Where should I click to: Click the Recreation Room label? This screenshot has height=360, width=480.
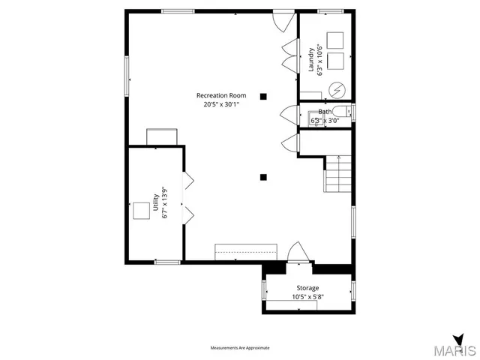[x=221, y=95]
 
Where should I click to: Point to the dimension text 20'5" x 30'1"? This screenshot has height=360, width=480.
[x=221, y=105]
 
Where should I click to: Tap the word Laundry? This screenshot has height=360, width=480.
[x=311, y=60]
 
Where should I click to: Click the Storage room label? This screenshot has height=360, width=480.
[x=307, y=288]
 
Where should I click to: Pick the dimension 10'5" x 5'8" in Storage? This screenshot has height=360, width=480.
[x=307, y=297]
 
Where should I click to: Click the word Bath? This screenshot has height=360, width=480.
[x=324, y=112]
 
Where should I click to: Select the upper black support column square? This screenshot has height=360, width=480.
[x=263, y=96]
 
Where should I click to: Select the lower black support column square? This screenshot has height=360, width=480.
[x=263, y=178]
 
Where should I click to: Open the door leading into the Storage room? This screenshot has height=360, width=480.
[x=296, y=253]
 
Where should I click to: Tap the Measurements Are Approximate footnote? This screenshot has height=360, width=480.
[x=239, y=348]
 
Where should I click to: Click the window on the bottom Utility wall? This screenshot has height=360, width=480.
[x=167, y=262]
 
